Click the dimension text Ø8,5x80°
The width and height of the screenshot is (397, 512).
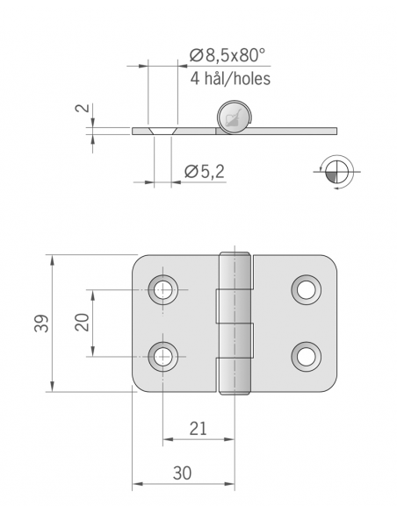[227, 56]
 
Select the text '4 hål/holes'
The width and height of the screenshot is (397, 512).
[229, 78]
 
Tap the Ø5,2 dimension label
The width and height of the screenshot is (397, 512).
[205, 173]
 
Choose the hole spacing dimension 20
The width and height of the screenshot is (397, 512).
[81, 323]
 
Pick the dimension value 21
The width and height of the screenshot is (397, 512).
[198, 428]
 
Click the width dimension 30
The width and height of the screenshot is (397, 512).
[182, 473]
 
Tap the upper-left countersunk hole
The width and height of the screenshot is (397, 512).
[163, 289]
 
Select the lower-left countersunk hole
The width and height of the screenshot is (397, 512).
[163, 355]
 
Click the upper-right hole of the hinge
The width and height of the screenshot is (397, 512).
[306, 289]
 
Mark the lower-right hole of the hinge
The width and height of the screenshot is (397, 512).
[306, 355]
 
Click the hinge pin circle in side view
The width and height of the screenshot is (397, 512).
[233, 117]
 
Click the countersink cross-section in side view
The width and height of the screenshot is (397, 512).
[162, 131]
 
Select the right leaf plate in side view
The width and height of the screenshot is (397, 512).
[290, 131]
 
